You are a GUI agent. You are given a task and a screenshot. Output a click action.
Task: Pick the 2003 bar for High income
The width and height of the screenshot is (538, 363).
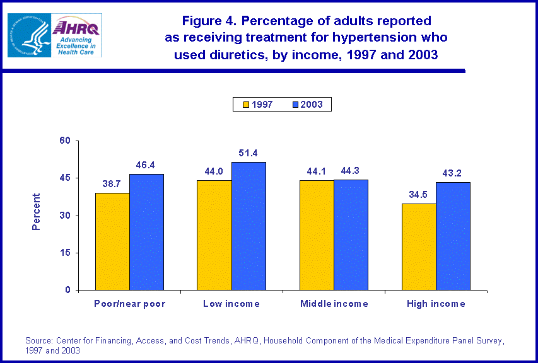pos(453,236)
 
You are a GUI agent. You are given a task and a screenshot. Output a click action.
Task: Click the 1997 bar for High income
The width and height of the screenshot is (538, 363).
pos(419,246)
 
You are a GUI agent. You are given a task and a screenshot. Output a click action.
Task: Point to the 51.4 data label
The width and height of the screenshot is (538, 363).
pos(249,153)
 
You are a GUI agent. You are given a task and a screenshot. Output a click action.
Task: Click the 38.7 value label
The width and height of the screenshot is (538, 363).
pos(112,185)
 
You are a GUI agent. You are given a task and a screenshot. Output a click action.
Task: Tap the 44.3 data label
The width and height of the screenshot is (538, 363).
pos(351,171)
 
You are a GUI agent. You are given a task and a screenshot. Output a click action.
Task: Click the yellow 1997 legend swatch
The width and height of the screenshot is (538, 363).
pos(247,105)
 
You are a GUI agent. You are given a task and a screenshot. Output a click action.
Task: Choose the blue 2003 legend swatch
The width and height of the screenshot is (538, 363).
pos(296,105)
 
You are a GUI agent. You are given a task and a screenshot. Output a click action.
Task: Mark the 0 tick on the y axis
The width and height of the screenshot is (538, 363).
pos(67,291)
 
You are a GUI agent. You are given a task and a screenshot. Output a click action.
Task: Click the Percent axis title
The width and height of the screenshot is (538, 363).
pos(36,212)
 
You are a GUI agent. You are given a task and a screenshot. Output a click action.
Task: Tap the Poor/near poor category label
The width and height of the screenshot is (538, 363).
pos(129,304)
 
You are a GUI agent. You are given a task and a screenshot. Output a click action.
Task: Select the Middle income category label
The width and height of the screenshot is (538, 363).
pos(334,304)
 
